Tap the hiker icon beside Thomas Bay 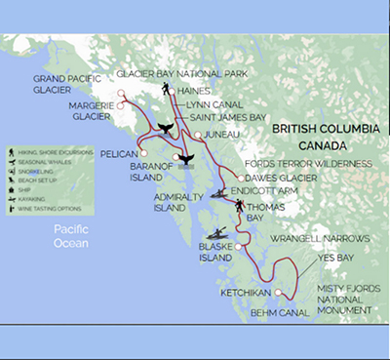tap(239, 206)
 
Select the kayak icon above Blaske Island tap(222, 232)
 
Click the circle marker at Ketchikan tap(278, 292)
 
